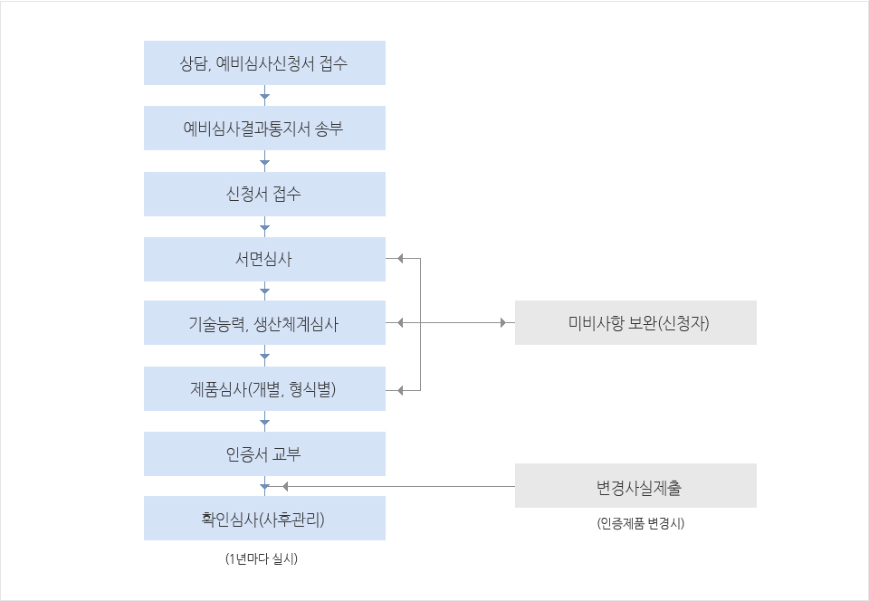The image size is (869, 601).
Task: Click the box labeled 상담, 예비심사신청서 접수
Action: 264,62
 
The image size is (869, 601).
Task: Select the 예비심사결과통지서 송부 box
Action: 264,128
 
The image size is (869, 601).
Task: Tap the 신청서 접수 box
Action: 264,194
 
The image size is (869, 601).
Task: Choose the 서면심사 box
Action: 264,259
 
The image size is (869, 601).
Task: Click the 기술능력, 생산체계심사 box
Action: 264,322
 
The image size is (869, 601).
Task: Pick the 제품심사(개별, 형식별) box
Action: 264,388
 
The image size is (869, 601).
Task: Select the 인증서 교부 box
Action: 264,453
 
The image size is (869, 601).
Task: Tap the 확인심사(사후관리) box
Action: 264,518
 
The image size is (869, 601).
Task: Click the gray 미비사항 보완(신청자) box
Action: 635,322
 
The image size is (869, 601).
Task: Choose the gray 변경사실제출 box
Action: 635,485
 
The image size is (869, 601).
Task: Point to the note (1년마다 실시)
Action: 262,558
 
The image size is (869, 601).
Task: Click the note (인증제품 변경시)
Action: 641,523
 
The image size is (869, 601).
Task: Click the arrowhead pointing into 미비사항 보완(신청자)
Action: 503,322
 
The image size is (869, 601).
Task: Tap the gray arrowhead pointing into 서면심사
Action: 400,258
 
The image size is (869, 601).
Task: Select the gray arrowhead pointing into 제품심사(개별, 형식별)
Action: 400,390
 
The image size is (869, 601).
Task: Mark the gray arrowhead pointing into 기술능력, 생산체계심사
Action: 400,322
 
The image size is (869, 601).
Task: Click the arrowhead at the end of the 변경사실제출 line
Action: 285,486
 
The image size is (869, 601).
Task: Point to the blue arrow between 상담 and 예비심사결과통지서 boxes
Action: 265,95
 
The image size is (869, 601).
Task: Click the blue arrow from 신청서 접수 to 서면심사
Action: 265,226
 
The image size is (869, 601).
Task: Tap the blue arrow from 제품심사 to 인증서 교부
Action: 265,421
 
